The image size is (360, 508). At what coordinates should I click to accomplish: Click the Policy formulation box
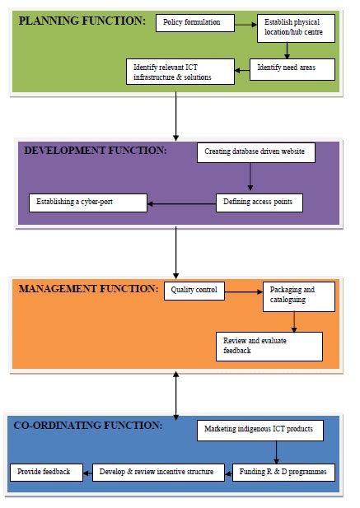[x=191, y=22]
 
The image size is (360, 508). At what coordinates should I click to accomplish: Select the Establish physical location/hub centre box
[x=296, y=28]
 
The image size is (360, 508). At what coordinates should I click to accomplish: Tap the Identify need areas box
[x=293, y=69]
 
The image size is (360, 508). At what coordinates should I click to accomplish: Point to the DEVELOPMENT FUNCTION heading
[x=95, y=151]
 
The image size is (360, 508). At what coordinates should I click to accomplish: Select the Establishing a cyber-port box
[x=88, y=203]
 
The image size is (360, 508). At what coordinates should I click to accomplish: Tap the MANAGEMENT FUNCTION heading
[x=88, y=289]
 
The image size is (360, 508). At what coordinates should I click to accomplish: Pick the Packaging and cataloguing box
[x=298, y=297]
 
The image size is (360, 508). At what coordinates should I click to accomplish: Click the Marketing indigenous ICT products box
[x=259, y=429]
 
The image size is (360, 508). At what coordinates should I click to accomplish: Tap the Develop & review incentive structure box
[x=160, y=472]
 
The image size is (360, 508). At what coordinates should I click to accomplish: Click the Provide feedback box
[x=45, y=472]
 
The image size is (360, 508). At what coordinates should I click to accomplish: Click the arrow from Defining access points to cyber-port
[x=182, y=203]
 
